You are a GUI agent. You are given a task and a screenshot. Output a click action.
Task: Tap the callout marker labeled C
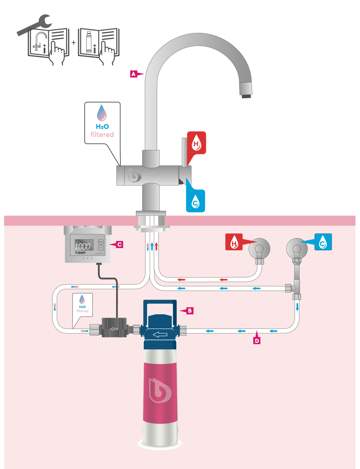pyautogui.click(x=120, y=245)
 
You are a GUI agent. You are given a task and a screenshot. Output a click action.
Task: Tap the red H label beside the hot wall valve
pyautogui.click(x=234, y=243)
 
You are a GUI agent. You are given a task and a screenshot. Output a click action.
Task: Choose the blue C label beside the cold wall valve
pyautogui.click(x=323, y=242)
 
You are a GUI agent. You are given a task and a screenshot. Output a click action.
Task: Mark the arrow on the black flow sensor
pyautogui.click(x=114, y=330)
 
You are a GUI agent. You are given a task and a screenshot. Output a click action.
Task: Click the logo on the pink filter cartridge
pyautogui.click(x=160, y=390)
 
